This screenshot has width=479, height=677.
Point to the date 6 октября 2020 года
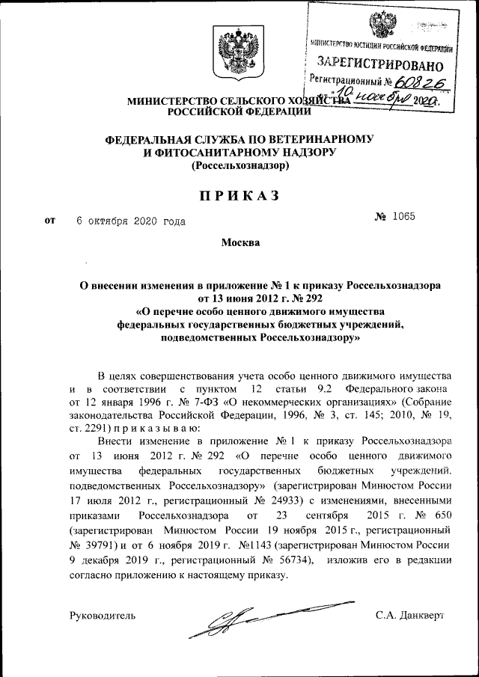click(x=132, y=221)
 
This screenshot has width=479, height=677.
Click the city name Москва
click(x=240, y=244)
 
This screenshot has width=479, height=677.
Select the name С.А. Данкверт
click(x=410, y=616)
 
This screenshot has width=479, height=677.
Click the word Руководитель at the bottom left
click(x=102, y=616)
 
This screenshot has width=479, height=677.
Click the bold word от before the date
click(x=51, y=221)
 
